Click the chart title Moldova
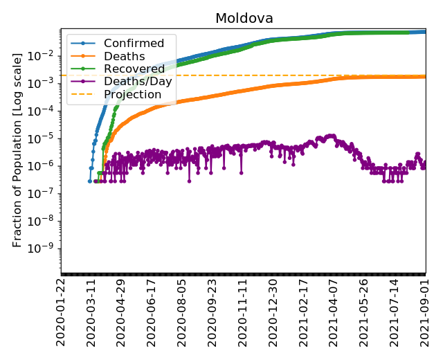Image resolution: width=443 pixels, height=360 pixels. tap(244, 18)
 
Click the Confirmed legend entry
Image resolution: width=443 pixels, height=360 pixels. tap(134, 44)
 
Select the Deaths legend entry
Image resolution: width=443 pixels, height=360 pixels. tap(124, 56)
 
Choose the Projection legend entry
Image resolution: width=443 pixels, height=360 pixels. tap(132, 94)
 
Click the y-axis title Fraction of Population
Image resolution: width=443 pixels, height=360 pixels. tap(17, 150)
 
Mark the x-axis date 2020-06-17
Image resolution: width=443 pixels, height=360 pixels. tap(152, 312)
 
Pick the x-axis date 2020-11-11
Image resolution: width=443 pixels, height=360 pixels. tap(243, 312)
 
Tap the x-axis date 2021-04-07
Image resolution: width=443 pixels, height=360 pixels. tap(334, 312)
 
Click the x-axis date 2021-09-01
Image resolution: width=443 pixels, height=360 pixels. tap(425, 312)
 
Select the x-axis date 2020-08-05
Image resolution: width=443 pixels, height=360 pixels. tap(182, 312)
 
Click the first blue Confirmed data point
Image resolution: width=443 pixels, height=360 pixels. tap(90, 181)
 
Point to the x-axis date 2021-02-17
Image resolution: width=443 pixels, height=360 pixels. tap(303, 312)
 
